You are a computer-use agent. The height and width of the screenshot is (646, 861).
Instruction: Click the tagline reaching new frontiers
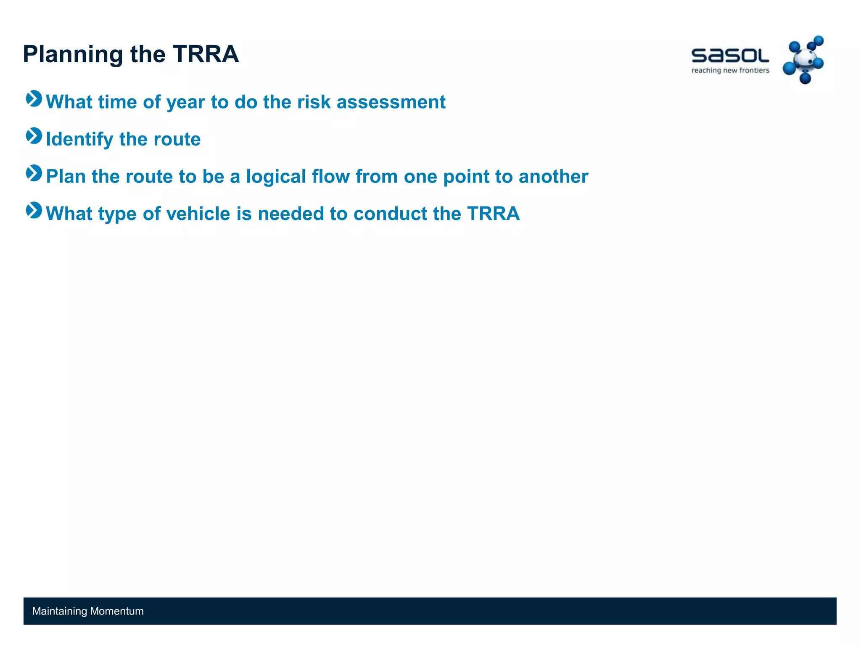point(730,71)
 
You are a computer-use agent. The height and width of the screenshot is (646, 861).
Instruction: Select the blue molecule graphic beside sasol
point(803,60)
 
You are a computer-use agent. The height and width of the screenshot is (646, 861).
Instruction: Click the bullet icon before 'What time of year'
point(34,99)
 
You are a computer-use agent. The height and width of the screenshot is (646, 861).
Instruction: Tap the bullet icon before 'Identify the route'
point(34,136)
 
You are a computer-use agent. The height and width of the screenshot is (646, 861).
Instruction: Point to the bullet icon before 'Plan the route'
point(34,173)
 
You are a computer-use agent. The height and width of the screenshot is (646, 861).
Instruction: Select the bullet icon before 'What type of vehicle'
point(34,211)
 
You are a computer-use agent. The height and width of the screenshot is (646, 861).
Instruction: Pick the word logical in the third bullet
point(276,177)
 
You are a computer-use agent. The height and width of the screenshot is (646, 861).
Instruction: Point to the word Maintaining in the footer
point(59,612)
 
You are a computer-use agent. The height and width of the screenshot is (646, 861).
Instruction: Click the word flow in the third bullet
point(330,177)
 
